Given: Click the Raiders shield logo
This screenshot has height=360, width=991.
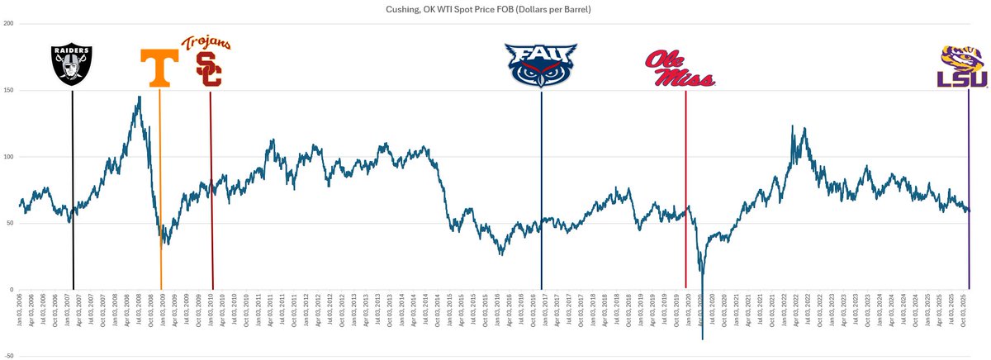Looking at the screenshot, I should (72, 66).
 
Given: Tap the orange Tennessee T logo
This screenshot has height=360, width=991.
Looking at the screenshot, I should (159, 69).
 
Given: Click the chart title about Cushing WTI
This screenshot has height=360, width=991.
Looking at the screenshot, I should (495, 9).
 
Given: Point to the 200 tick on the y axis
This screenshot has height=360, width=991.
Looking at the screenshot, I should (8, 24).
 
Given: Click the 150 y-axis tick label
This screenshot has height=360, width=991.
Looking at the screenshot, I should (8, 91).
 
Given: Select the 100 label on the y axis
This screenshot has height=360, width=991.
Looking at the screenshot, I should (8, 157).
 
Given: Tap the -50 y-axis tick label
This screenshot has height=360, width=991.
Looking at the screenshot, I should (8, 356).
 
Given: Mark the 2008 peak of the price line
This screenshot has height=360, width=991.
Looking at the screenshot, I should (139, 97).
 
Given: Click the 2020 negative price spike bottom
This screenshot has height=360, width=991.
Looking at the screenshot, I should (702, 339).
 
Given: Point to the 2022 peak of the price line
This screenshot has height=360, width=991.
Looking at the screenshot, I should (792, 126).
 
